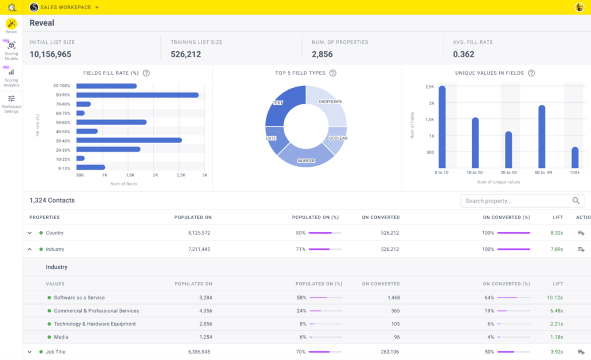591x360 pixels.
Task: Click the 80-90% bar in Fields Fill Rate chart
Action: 137,95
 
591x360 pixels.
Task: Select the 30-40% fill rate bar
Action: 129,140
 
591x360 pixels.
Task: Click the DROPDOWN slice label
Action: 330,102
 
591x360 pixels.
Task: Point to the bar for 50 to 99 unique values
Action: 542,136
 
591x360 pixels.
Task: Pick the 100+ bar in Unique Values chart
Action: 575,157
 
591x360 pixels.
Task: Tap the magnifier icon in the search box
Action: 576,201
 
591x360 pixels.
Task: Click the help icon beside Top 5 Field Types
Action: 333,73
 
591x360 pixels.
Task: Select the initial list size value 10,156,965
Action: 50,54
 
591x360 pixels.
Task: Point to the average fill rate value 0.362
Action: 463,54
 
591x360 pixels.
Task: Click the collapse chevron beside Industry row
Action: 29,249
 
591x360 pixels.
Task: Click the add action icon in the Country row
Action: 581,233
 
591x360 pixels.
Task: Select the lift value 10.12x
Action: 555,298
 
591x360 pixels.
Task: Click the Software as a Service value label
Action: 79,298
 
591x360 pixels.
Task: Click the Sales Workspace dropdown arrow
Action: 97,7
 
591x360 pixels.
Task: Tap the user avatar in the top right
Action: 579,7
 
